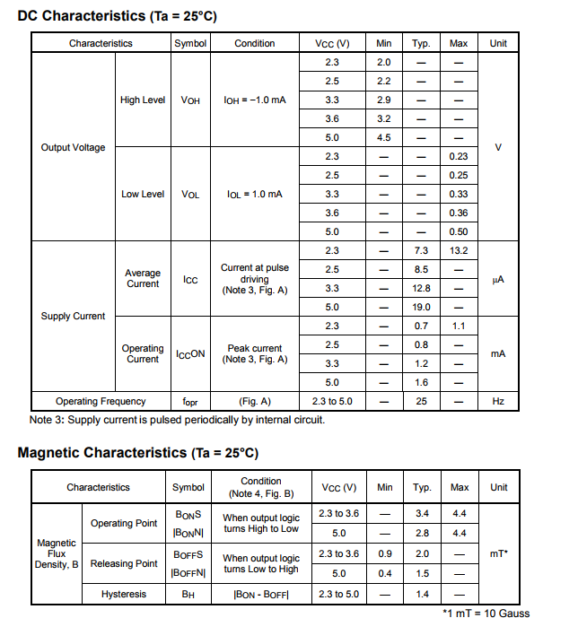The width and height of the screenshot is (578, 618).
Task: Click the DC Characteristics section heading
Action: coord(117,16)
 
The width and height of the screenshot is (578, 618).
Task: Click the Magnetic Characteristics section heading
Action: coord(137,453)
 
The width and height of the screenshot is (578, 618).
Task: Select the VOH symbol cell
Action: coord(190,100)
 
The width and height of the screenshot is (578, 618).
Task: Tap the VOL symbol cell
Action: coord(190,194)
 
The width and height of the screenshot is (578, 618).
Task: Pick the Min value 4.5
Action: coord(384,137)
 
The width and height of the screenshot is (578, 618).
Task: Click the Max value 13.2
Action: coord(459,250)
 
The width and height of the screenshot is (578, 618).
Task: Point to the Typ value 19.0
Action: coord(421,307)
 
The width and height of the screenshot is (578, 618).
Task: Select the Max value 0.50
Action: coord(459,231)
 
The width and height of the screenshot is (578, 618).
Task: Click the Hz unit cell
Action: coord(498,401)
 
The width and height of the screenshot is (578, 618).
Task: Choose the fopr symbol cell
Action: coord(190,401)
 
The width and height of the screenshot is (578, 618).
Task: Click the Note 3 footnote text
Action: coord(177,420)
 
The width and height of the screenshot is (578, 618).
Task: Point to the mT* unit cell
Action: coord(500,553)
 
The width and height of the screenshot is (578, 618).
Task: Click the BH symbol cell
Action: coord(188,594)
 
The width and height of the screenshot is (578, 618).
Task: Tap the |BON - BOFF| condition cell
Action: coord(261,594)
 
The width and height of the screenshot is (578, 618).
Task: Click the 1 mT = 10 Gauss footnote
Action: coord(486,612)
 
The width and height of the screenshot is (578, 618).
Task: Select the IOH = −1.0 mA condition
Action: coord(255,100)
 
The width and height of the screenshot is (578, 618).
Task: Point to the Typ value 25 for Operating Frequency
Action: coord(421,401)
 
